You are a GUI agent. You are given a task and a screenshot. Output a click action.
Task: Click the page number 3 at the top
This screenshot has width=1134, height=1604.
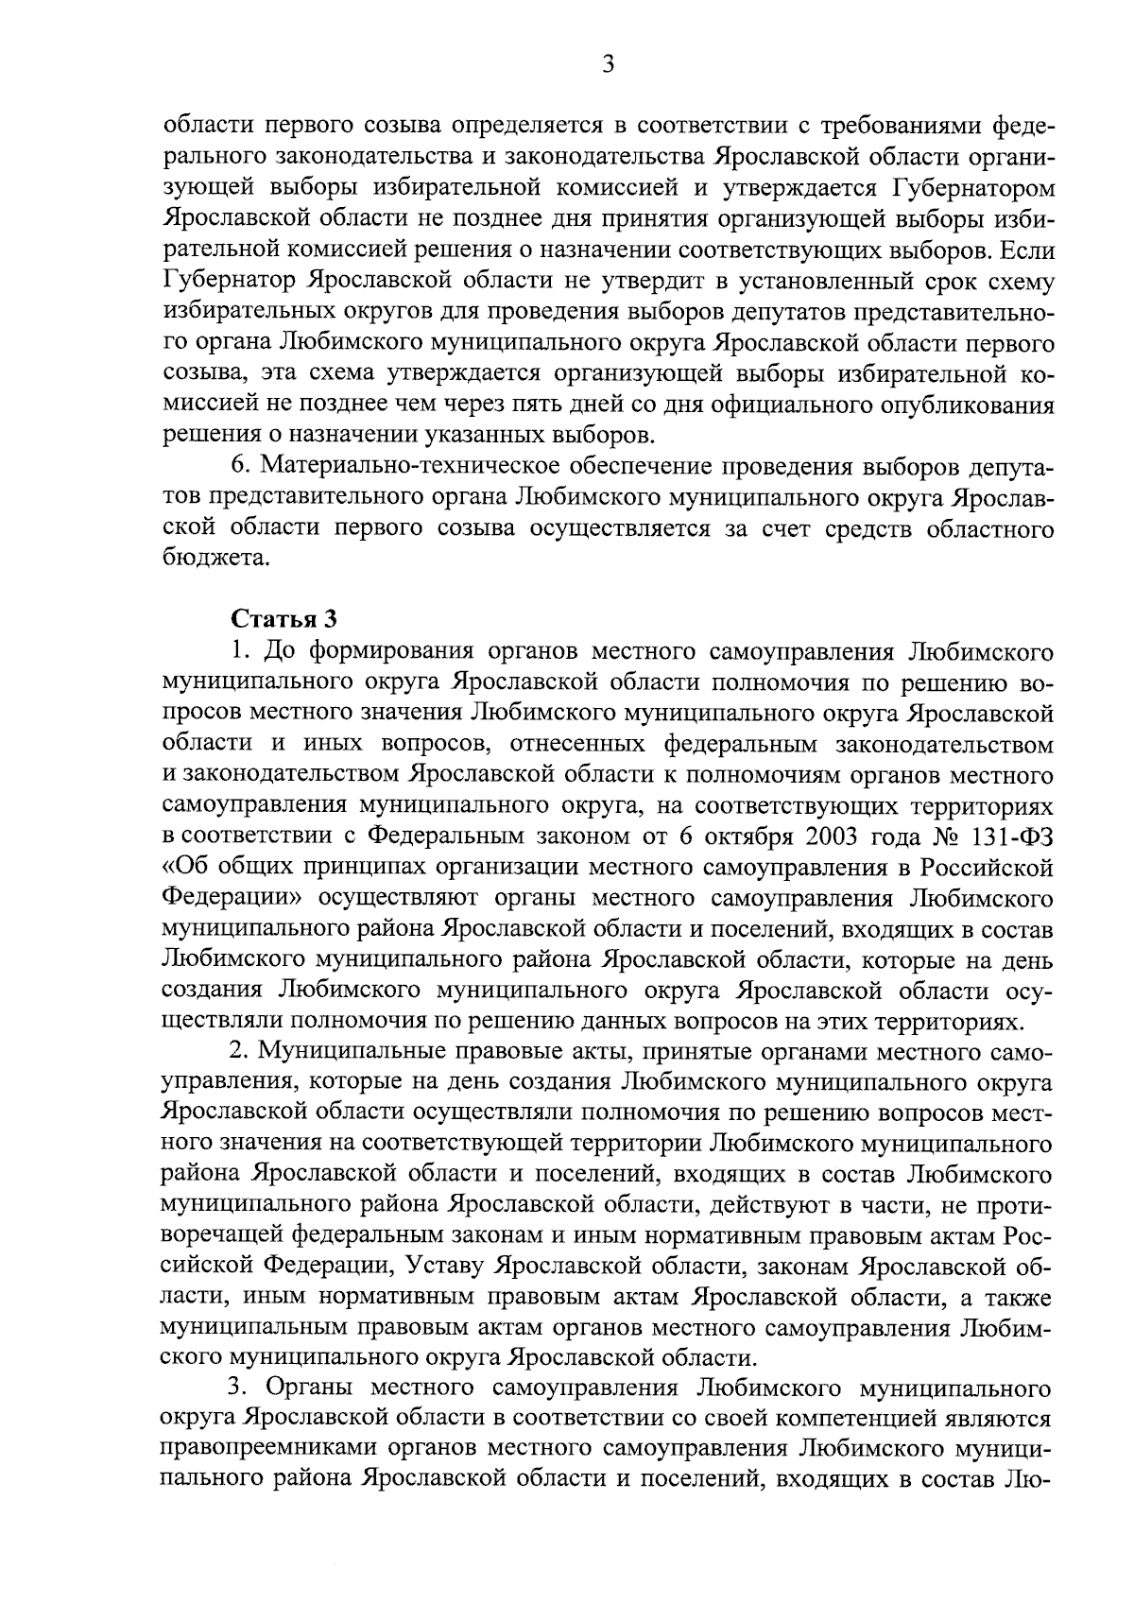(608, 64)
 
